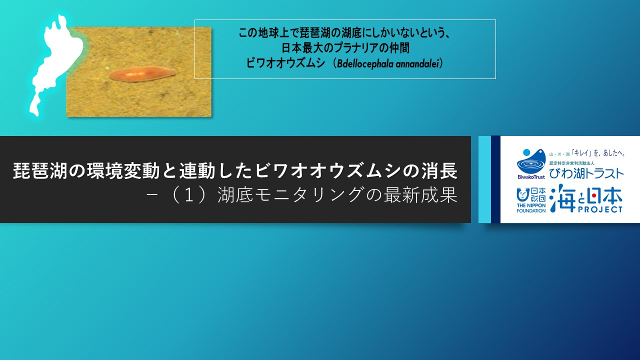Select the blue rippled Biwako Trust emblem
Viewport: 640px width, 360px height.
click(x=530, y=161)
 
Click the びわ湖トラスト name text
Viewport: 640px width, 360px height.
click(x=586, y=173)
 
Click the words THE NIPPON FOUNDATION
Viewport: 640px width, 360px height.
click(x=531, y=207)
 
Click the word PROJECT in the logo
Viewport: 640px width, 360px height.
click(x=598, y=209)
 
